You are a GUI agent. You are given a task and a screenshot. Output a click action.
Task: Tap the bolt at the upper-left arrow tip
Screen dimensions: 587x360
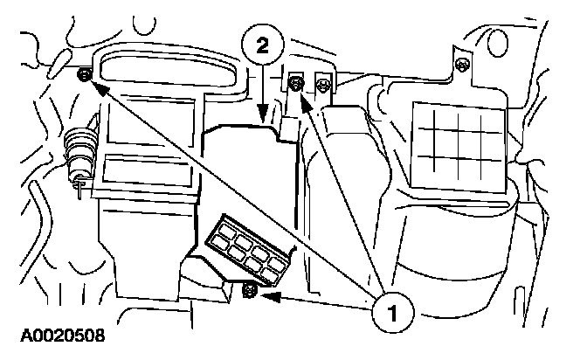(x=83, y=76)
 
